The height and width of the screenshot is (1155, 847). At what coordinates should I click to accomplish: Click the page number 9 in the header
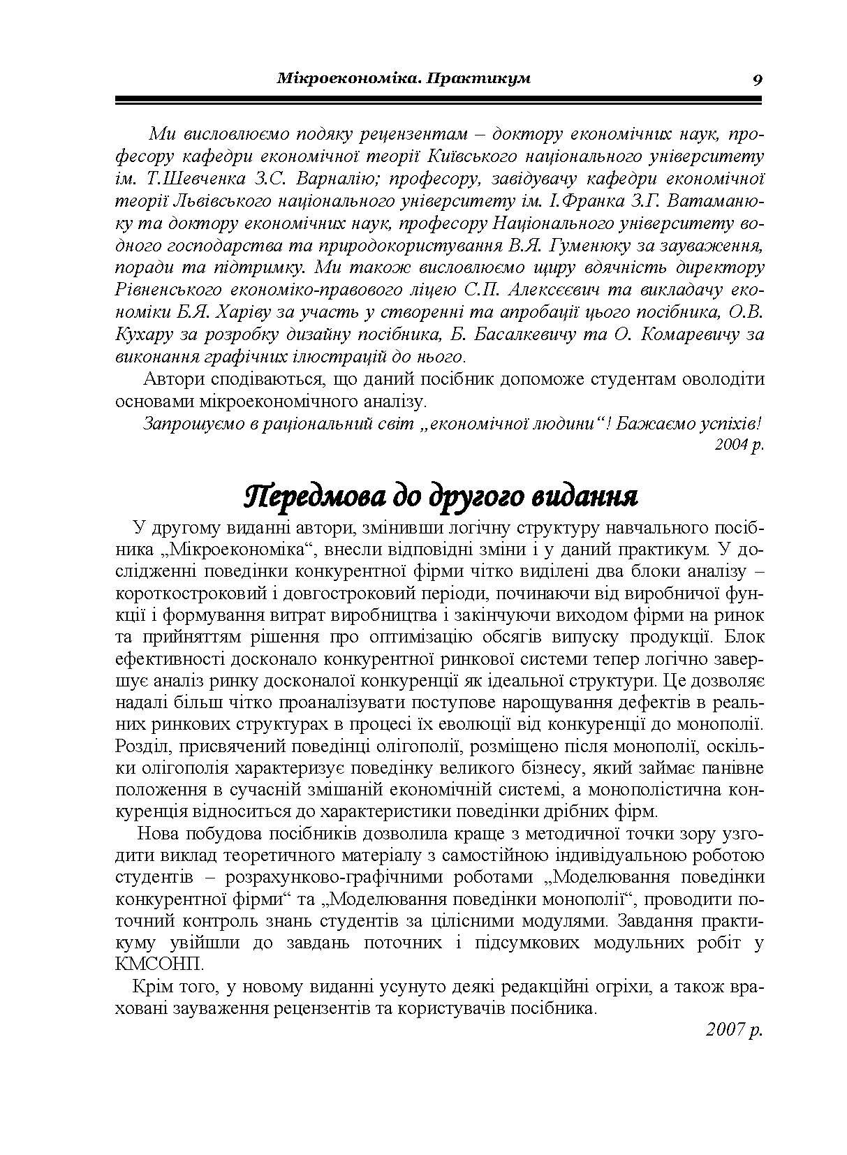pyautogui.click(x=757, y=79)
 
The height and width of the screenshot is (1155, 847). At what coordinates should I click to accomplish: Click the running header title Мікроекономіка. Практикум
pyautogui.click(x=404, y=78)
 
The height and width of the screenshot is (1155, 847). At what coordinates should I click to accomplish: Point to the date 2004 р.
pyautogui.click(x=739, y=445)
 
